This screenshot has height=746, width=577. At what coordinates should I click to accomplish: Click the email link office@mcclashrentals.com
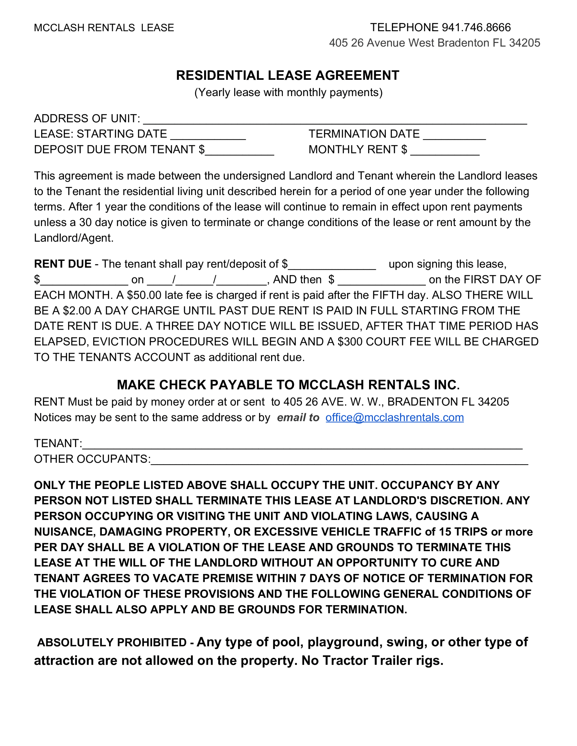394,417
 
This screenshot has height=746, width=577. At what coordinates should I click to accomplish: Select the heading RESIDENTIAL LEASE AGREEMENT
288,75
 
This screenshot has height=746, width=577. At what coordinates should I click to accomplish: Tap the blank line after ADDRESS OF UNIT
335,119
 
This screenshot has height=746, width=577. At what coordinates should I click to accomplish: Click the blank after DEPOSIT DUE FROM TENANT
240,151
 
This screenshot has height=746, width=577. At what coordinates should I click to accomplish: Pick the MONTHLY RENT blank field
445,151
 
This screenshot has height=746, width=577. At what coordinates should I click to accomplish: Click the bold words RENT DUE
63,264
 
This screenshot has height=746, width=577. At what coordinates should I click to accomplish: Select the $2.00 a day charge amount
77,310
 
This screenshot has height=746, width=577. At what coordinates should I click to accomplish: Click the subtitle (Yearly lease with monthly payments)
288,92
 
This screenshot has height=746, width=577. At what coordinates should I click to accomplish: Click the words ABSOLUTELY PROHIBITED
112,642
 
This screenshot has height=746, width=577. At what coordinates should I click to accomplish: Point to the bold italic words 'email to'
298,417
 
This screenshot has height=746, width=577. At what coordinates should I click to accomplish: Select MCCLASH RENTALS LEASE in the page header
104,28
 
